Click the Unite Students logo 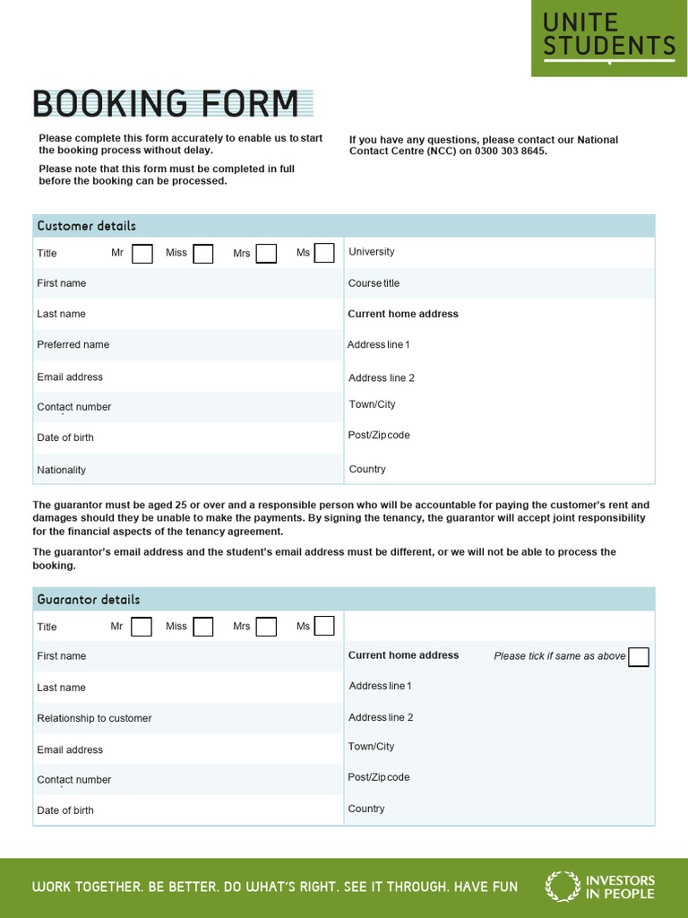tap(609, 37)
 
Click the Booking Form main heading tap(167, 104)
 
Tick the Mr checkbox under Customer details tap(142, 254)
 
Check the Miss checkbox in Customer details tap(203, 254)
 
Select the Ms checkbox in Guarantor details tap(324, 626)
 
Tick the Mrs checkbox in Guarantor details tap(266, 627)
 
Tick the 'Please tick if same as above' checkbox tap(639, 657)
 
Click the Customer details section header tap(87, 226)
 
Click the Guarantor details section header tap(89, 599)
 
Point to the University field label tap(371, 252)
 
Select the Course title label tap(374, 283)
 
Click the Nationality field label tap(62, 470)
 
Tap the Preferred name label tap(73, 344)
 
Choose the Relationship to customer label tap(94, 718)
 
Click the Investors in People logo tap(600, 887)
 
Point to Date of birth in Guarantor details tap(65, 810)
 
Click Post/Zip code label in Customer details tap(379, 435)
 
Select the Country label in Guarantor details tap(366, 809)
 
